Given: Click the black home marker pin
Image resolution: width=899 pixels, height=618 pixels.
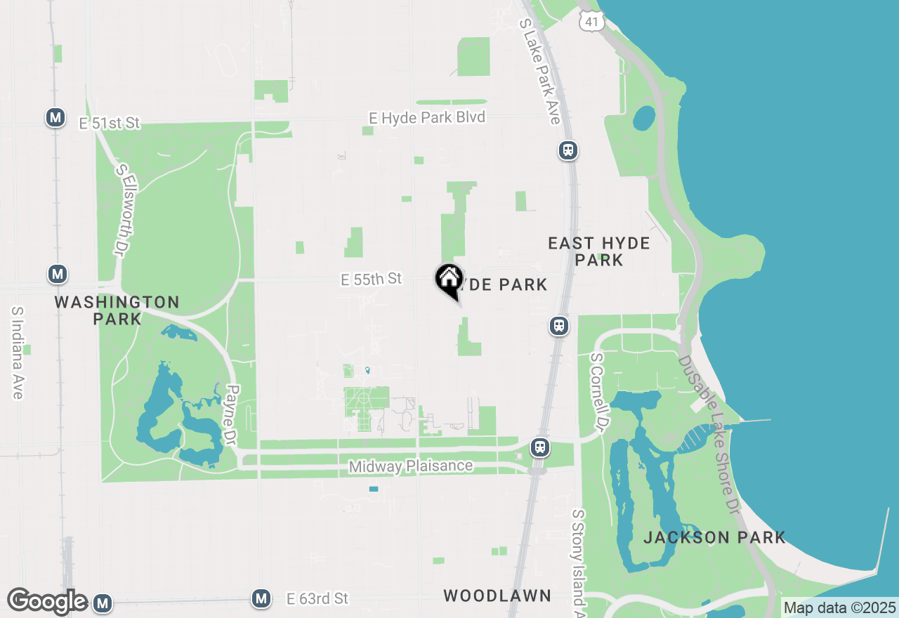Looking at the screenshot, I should click(x=449, y=279).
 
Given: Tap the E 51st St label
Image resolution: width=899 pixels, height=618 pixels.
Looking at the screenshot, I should click(x=110, y=124).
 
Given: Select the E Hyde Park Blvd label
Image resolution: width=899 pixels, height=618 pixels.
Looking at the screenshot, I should click(x=428, y=117).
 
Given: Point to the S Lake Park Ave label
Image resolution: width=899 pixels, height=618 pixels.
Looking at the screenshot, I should click(x=539, y=71).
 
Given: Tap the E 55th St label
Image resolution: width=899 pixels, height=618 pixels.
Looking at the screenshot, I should click(x=371, y=280).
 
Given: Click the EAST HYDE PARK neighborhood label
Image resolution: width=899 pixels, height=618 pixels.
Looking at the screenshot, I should click(x=598, y=251).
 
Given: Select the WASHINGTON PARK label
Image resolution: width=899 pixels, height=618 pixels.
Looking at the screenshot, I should click(x=117, y=310).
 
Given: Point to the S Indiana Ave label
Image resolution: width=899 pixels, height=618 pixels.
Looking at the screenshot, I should click(x=18, y=353).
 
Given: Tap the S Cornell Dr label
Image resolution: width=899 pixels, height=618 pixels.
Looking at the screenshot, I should click(x=598, y=392).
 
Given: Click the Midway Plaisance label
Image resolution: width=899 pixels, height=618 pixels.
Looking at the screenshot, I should click(x=411, y=466).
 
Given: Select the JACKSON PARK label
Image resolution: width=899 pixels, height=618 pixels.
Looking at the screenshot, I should click(x=714, y=538).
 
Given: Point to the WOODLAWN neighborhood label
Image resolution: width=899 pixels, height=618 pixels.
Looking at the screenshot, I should click(x=497, y=596).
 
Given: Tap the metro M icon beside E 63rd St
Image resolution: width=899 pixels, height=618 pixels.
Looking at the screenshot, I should click(x=261, y=598).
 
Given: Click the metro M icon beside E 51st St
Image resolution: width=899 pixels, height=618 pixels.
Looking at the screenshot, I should click(x=55, y=118).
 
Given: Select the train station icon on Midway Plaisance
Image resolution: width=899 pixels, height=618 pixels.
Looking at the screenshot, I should click(x=539, y=447).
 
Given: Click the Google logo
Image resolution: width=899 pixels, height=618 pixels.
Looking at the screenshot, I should click(x=47, y=602).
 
